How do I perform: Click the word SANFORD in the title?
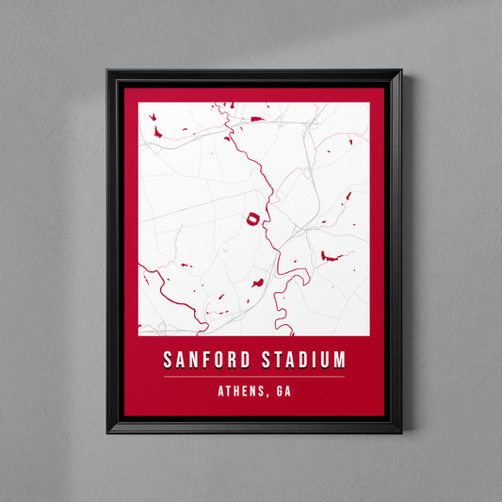click(x=207, y=361)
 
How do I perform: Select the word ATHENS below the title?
click(x=235, y=392)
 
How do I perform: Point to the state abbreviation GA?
click(x=280, y=392)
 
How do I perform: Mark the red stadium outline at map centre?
click(x=251, y=219)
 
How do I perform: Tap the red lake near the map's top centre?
click(x=256, y=120)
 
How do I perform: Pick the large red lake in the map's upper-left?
click(x=155, y=133)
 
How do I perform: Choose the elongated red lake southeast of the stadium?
click(x=331, y=255)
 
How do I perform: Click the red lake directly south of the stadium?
click(x=256, y=282)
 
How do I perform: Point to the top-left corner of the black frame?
click(x=108, y=71)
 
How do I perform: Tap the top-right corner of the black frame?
click(x=400, y=71)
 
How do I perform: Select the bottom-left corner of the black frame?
click(x=108, y=431)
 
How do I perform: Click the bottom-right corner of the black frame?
click(x=400, y=431)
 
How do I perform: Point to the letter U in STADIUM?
click(x=321, y=361)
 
